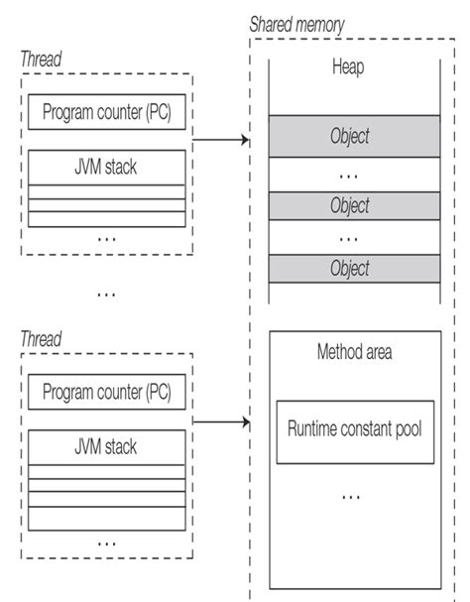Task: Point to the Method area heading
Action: [x=354, y=352]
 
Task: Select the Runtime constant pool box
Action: [x=354, y=430]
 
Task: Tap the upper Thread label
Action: [x=40, y=59]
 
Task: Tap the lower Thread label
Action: [x=40, y=340]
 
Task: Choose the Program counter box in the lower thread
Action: [x=106, y=393]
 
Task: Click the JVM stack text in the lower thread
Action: [x=106, y=446]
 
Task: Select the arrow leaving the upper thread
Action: [x=219, y=141]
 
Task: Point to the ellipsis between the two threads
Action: [x=106, y=295]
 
